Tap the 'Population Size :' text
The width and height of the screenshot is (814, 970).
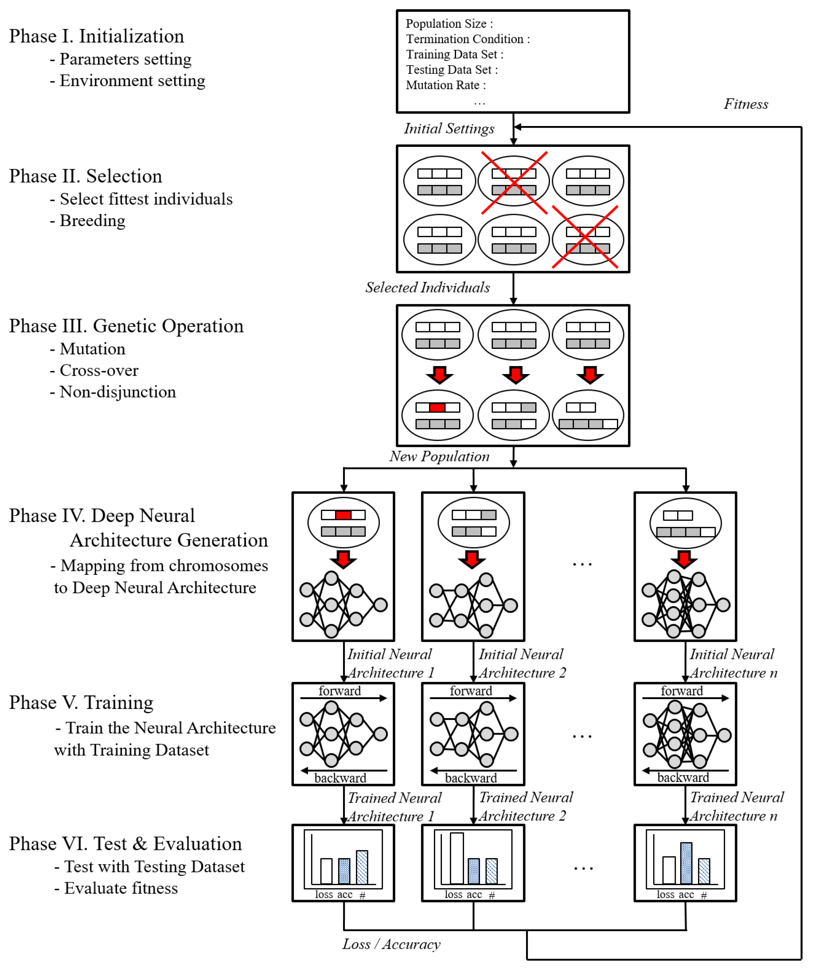tap(449, 24)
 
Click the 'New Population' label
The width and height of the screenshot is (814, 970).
tap(439, 456)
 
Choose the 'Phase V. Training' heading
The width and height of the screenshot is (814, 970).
tap(81, 703)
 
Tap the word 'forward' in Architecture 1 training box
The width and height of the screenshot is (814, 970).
tap(339, 691)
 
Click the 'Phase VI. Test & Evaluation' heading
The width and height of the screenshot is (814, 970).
tap(125, 844)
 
